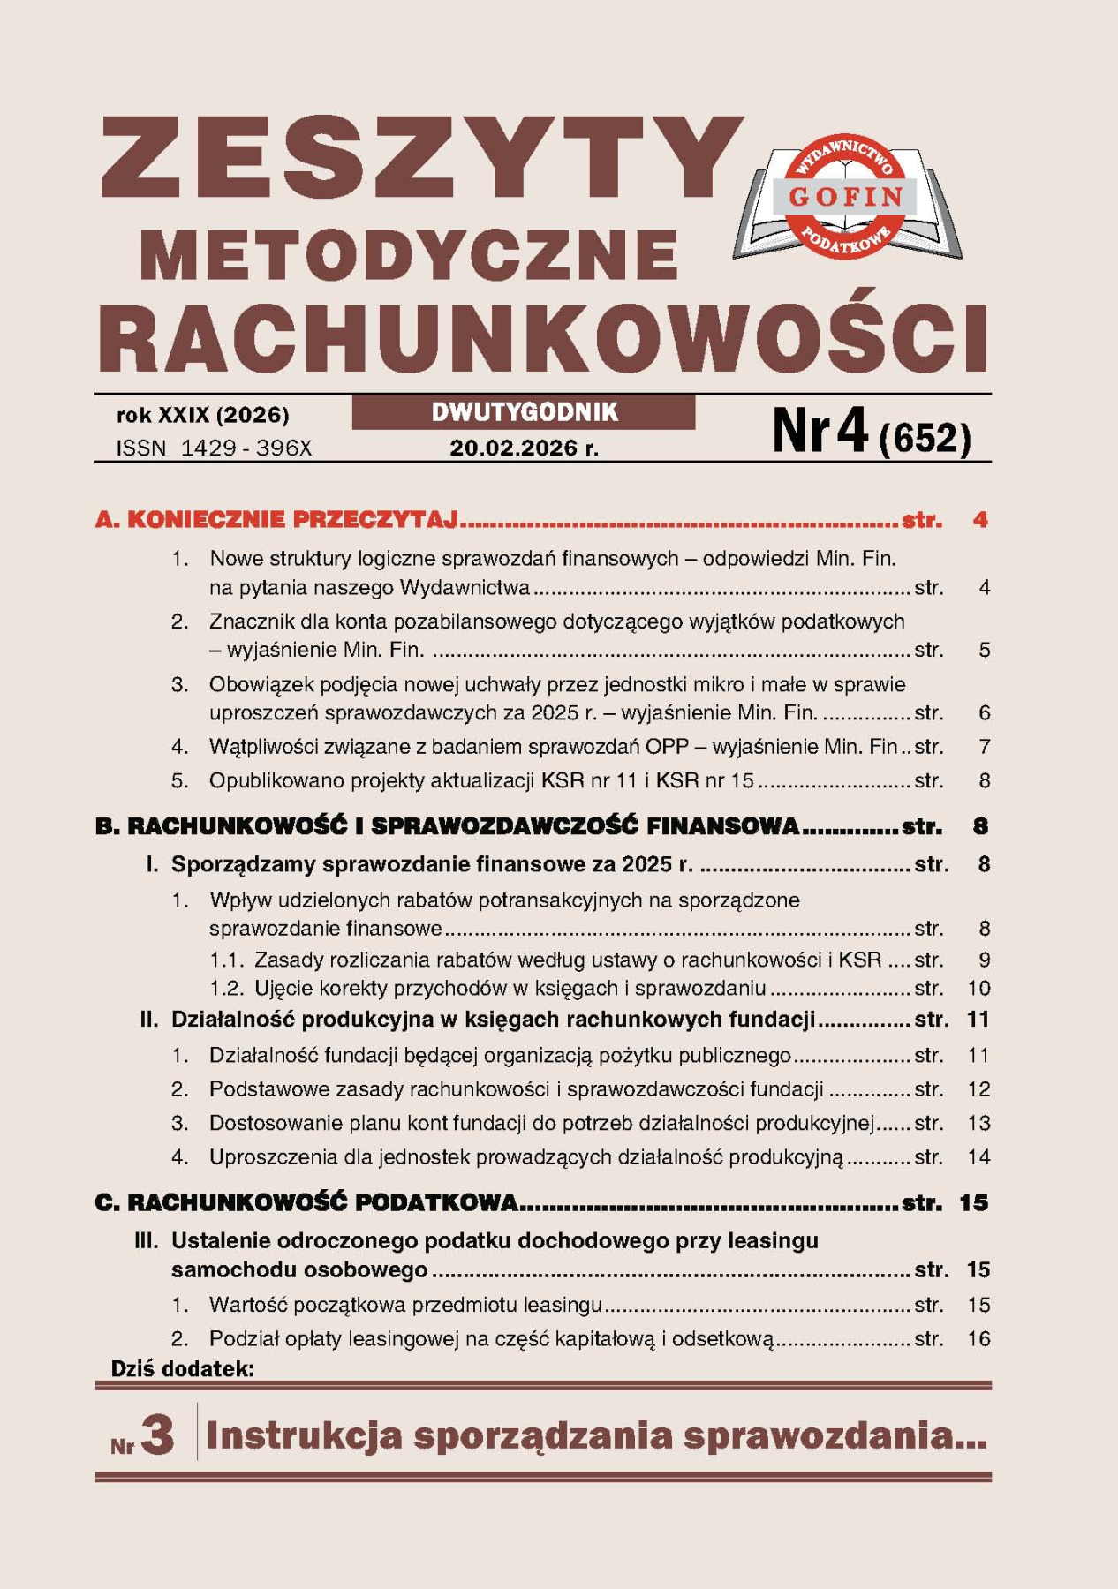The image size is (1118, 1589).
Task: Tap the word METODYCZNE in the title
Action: click(408, 256)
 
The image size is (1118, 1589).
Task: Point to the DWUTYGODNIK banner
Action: click(524, 412)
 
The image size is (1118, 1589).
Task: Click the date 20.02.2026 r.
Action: click(524, 448)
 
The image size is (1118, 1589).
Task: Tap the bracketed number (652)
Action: click(925, 438)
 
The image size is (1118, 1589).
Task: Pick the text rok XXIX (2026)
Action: click(202, 415)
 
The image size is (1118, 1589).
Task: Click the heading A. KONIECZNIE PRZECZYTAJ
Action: click(277, 519)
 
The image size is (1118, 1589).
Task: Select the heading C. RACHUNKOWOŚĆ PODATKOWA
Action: click(306, 1202)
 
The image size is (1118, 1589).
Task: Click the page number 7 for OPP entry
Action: click(984, 747)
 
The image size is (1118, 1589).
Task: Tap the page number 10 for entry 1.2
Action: click(978, 988)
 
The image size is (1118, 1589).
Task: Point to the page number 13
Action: click(978, 1123)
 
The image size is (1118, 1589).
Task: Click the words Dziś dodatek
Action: click(182, 1369)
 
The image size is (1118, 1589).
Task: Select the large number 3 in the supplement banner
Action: click(157, 1435)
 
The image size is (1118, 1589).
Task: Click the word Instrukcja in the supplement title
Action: click(304, 1436)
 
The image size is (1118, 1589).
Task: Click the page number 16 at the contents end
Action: click(978, 1338)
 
